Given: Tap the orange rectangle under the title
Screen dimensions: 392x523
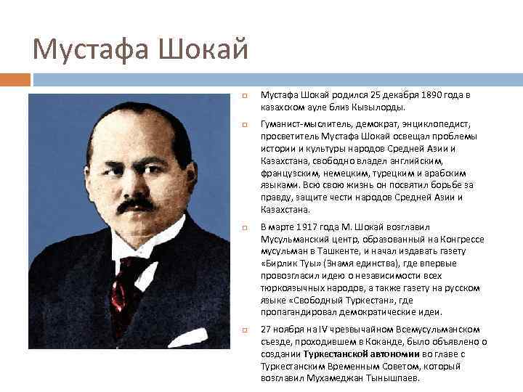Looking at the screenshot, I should [15, 79].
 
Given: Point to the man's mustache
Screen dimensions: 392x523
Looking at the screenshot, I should [136, 205].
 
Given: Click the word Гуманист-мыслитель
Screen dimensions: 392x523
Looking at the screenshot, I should [299, 125].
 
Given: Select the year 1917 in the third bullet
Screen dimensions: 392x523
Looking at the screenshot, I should [303, 227].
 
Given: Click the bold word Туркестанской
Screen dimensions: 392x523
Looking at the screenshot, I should [340, 354].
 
